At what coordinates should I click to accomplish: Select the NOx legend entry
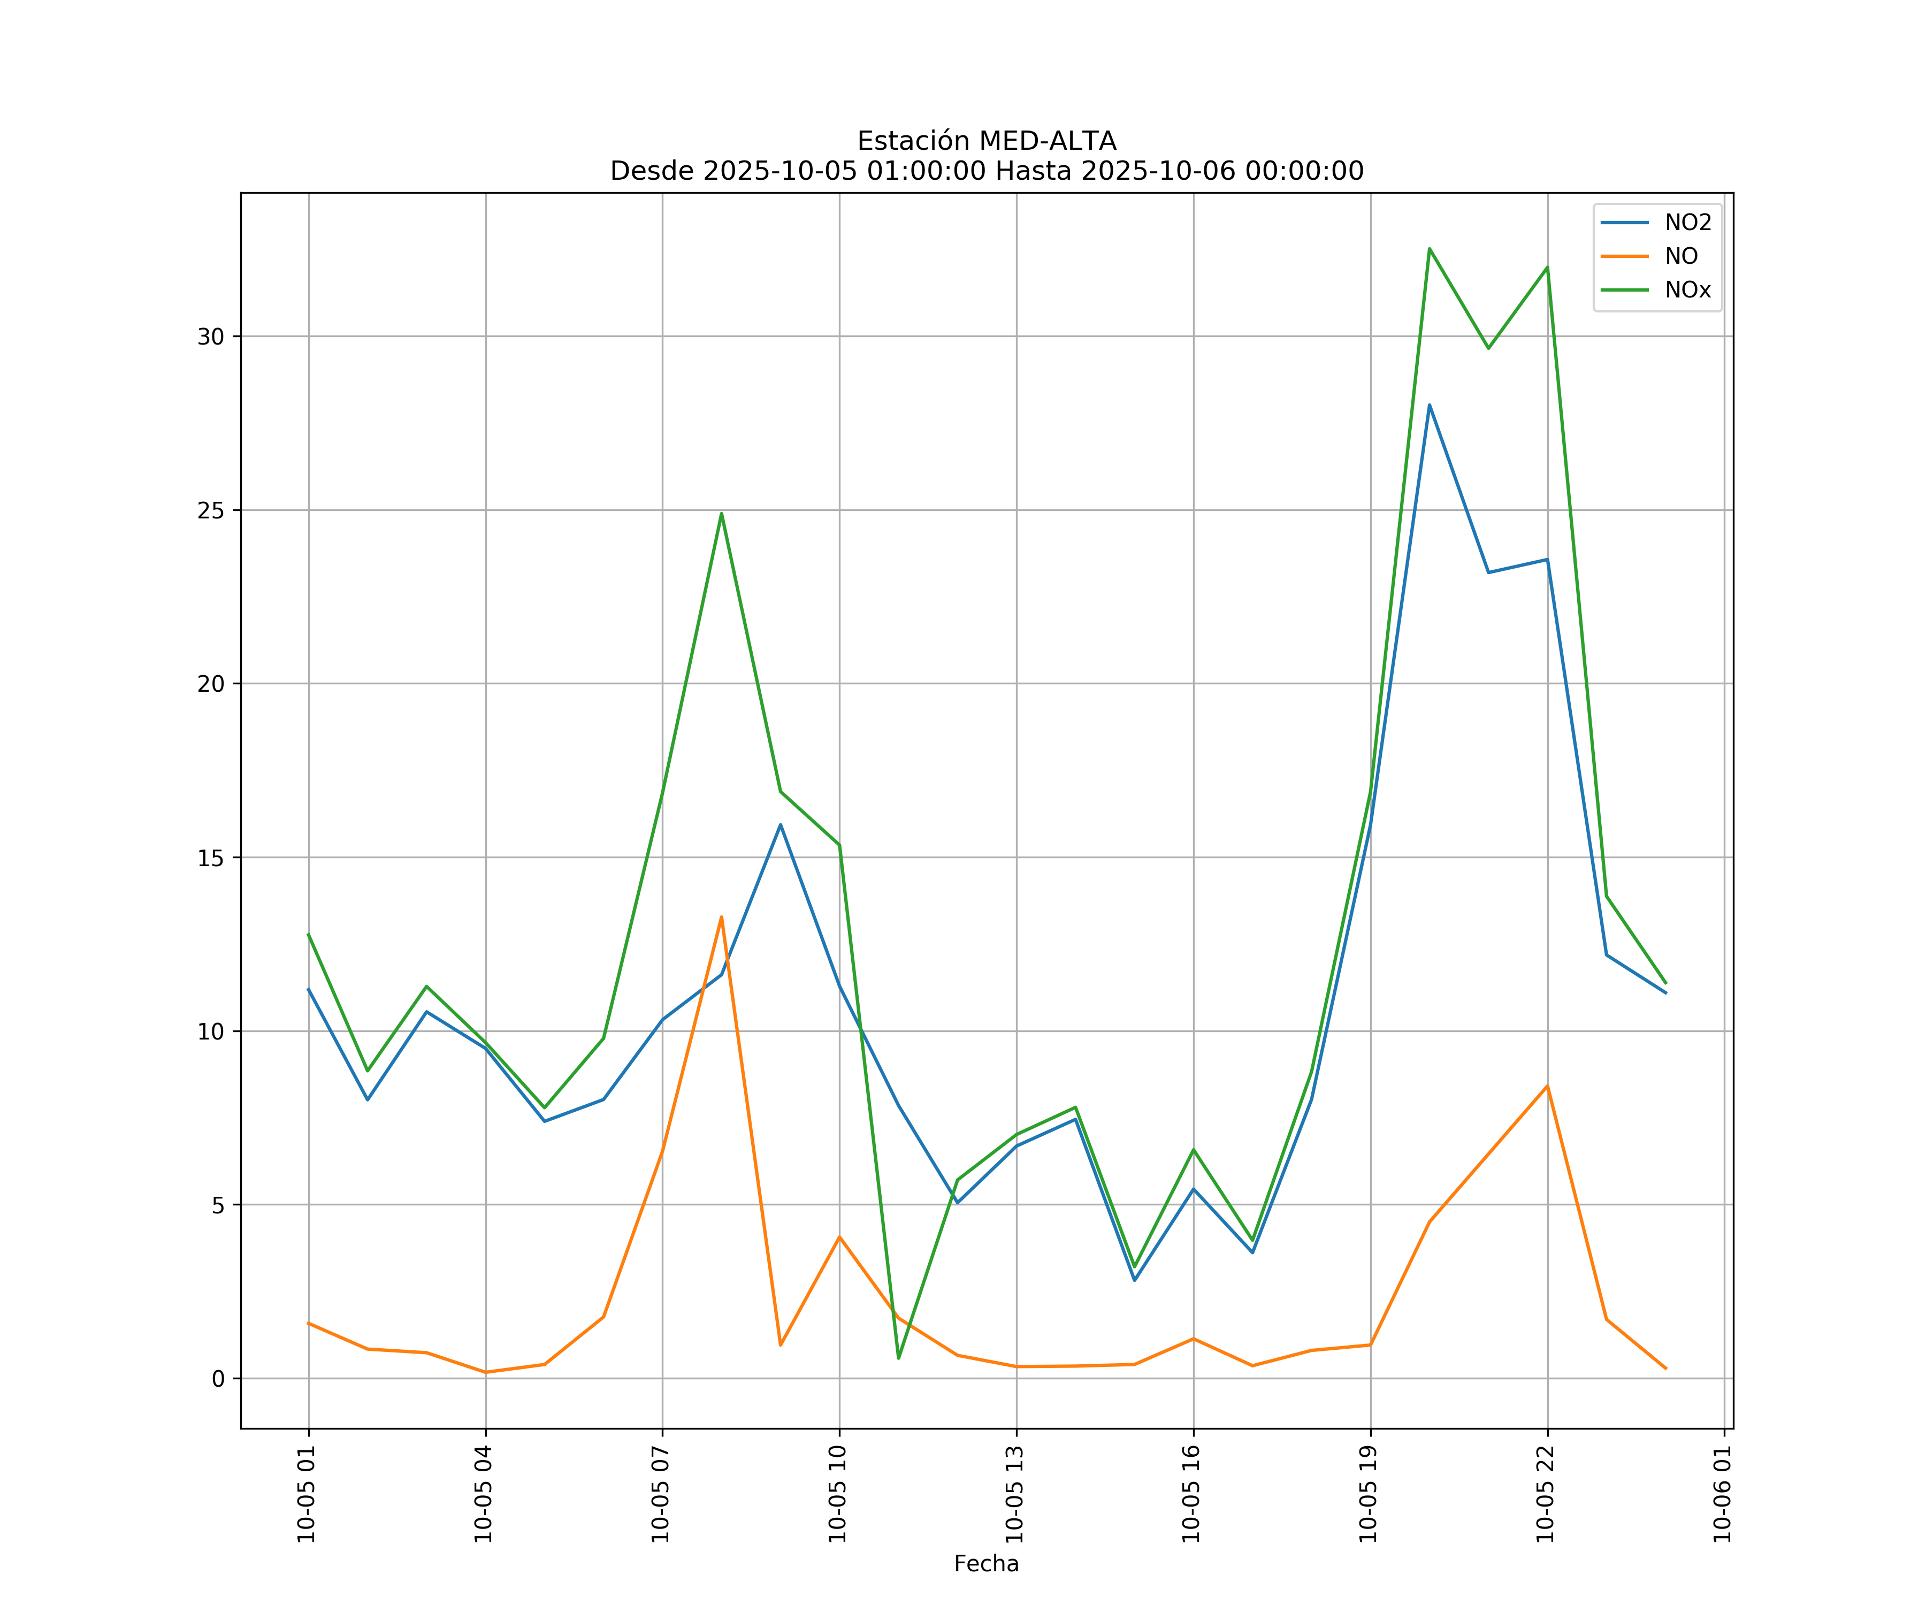1687,291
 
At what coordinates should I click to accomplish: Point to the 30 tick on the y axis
211,337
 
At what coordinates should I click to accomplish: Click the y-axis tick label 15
211,858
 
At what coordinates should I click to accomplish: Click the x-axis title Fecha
986,1564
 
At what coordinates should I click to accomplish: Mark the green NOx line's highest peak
1429,249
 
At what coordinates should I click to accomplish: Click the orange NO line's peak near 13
721,917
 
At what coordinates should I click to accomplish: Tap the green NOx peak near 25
721,514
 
